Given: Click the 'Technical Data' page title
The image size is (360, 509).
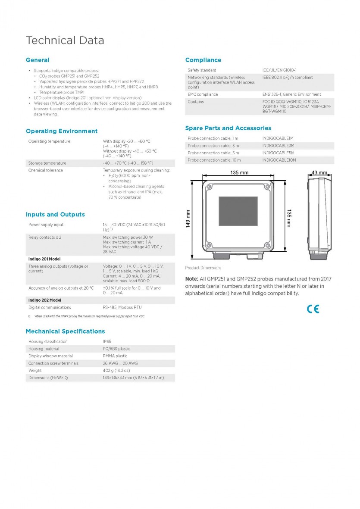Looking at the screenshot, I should coord(65,41).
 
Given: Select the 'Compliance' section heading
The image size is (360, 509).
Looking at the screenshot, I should coord(203,60).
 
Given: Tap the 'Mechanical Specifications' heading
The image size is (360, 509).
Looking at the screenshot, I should coord(65,331).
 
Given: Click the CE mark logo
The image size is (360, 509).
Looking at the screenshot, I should coord(313,309).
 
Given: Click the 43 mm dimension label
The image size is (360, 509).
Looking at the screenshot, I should coord(319,173).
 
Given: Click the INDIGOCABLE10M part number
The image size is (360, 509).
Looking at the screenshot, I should coord(279,160).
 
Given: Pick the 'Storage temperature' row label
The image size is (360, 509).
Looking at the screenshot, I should coord(47,163).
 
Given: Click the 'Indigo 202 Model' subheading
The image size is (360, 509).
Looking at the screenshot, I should coord(45,300).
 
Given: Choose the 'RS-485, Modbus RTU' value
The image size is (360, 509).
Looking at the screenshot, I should coord(122,308).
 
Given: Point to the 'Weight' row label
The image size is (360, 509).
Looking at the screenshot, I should coord(35,371).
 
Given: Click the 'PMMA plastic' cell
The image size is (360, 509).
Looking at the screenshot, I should coord(115,356).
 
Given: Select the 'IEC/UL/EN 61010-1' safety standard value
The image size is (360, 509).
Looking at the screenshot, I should coord(279,70).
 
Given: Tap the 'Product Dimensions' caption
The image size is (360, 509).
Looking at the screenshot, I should coord(203,268).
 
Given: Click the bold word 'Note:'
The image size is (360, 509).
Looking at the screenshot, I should coord(192,279).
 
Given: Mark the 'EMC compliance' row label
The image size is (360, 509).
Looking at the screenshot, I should coord(203,94).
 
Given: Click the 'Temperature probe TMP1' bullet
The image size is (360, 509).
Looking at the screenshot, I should coord(62,92).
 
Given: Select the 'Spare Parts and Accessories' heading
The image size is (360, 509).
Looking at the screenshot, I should coord(228,128).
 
